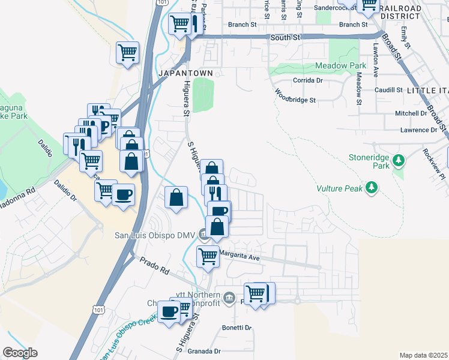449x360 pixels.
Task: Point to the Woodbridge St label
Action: point(295,96)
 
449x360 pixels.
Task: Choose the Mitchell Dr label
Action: point(411,113)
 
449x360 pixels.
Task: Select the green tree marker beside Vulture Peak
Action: point(372,188)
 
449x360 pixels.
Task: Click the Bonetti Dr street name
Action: point(237,328)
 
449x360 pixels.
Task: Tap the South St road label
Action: point(285,37)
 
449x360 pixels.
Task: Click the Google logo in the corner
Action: point(20,352)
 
